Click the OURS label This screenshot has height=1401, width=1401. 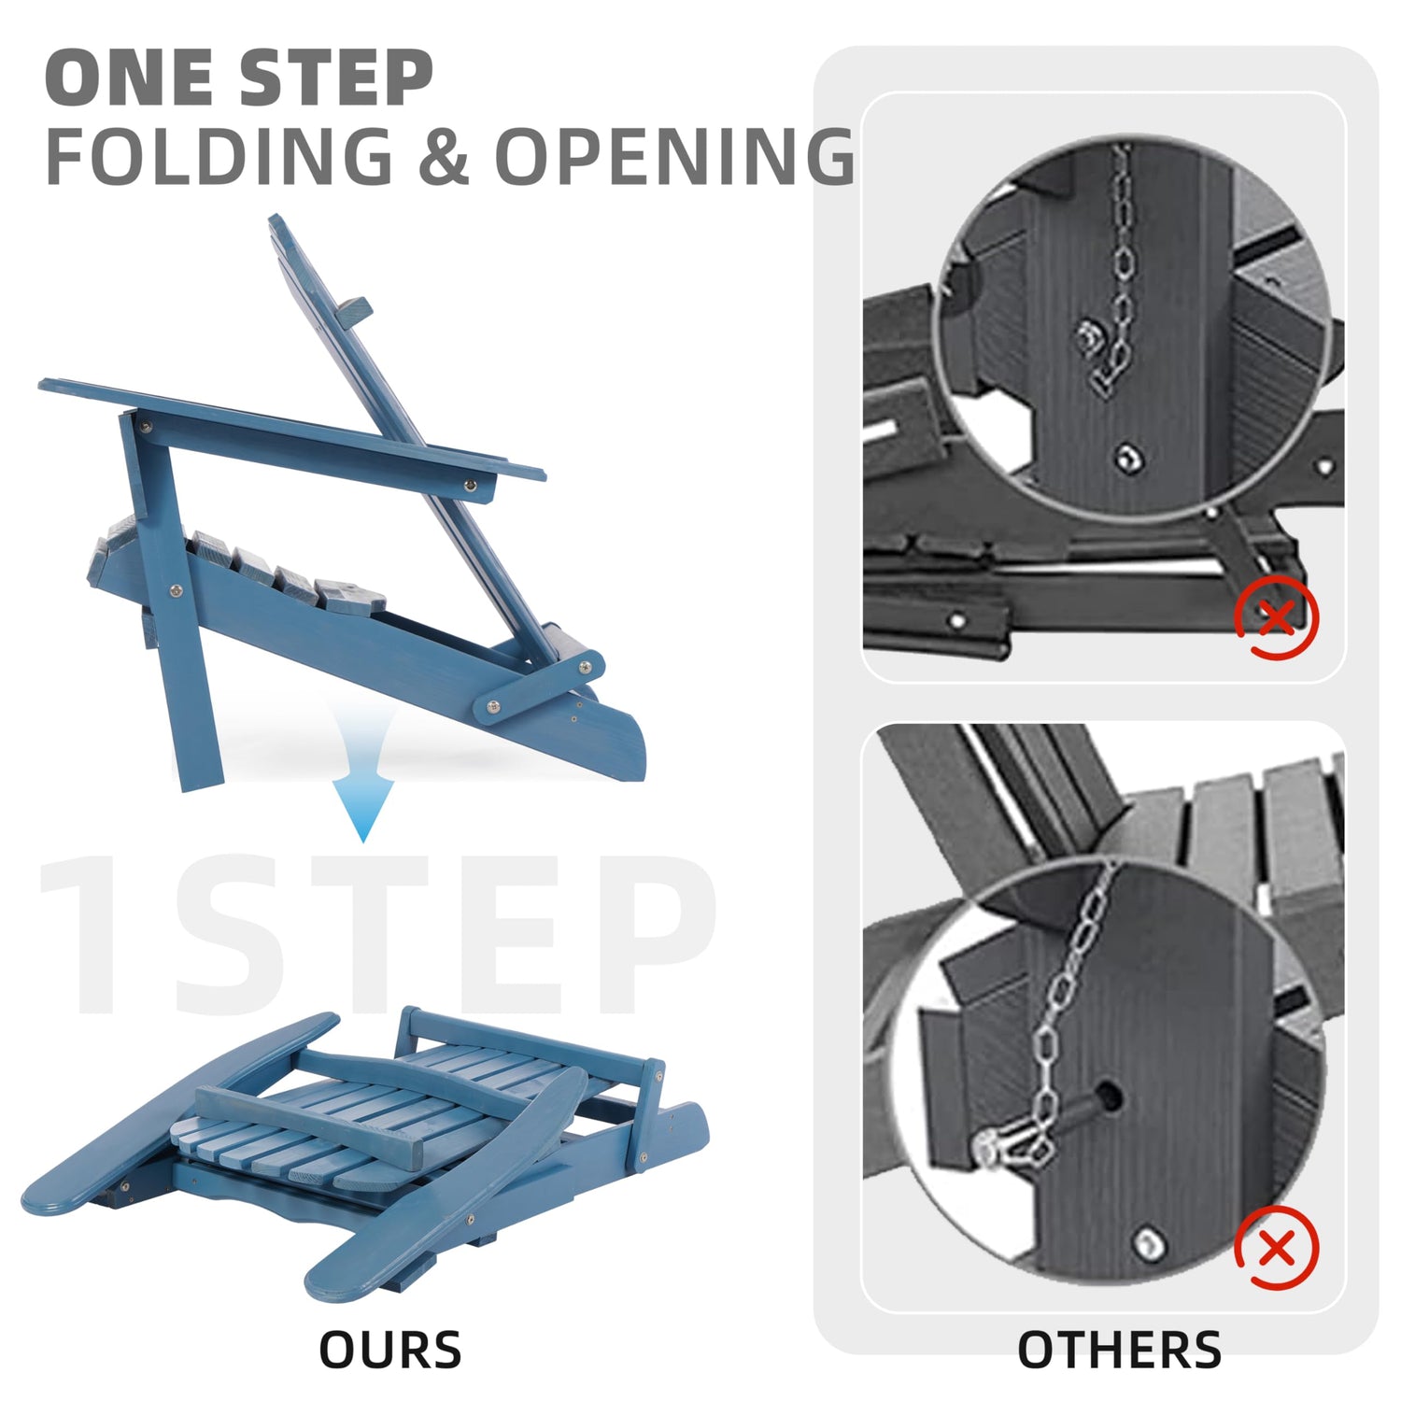(x=390, y=1350)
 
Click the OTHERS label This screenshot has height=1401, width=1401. (x=1119, y=1350)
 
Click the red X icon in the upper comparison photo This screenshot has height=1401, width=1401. (x=1276, y=617)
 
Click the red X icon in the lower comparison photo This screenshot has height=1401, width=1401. (x=1276, y=1248)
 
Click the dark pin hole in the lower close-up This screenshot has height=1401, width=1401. (x=1110, y=1097)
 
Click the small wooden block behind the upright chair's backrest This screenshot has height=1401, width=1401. (x=354, y=313)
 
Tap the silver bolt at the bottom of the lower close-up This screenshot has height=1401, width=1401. (x=1148, y=1243)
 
